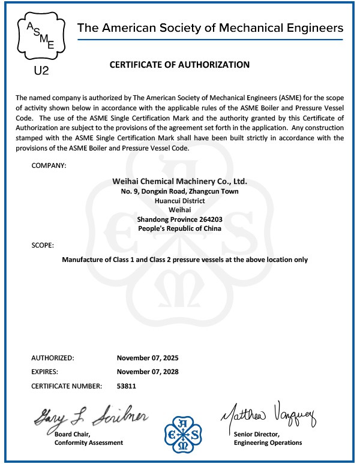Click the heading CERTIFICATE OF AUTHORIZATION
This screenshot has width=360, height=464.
(x=179, y=64)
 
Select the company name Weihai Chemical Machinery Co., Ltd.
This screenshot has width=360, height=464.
(x=180, y=181)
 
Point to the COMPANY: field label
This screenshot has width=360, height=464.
(x=49, y=164)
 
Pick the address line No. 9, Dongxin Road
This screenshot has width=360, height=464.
(x=180, y=191)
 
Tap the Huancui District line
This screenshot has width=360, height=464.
(x=180, y=201)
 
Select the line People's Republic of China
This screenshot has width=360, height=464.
(x=180, y=228)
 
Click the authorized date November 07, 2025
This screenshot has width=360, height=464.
(x=148, y=358)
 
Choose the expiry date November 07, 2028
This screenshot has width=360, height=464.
(x=148, y=372)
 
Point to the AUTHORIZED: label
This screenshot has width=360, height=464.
(x=52, y=358)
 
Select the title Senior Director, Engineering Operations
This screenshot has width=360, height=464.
(x=268, y=438)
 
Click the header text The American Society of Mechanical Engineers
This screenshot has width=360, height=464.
(x=211, y=28)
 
